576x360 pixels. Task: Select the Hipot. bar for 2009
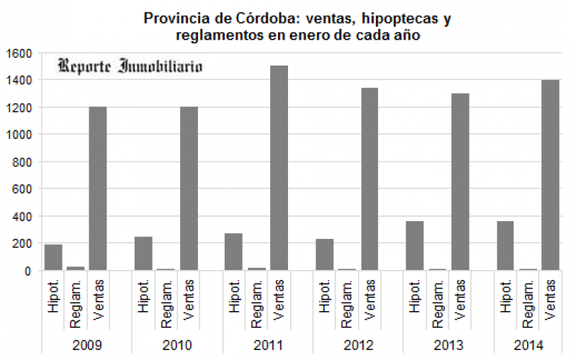pyautogui.click(x=53, y=257)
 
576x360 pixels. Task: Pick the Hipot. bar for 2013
pyautogui.click(x=415, y=246)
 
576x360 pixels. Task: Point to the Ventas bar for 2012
pyautogui.click(x=369, y=179)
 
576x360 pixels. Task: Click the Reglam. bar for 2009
pyautogui.click(x=76, y=269)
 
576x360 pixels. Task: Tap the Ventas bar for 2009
pyautogui.click(x=98, y=189)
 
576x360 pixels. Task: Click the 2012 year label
pyautogui.click(x=358, y=345)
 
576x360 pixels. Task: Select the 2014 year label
pyautogui.click(x=528, y=345)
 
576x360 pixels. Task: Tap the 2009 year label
pyautogui.click(x=86, y=345)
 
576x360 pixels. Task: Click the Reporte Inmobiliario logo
pyautogui.click(x=130, y=66)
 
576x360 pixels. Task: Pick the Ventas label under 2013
pyautogui.click(x=459, y=302)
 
